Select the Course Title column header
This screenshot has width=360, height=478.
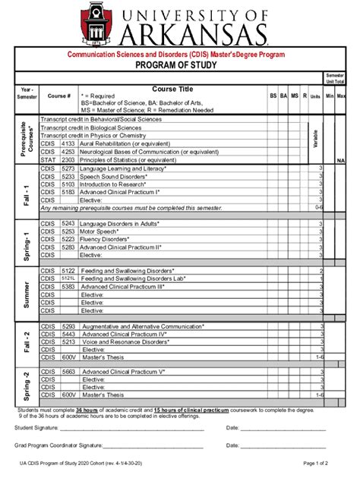pos(174,89)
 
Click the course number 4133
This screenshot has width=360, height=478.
pos(68,143)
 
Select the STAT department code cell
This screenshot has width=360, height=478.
pos(48,160)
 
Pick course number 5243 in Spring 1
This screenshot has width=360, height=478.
pos(68,224)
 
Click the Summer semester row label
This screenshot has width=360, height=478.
pos(24,294)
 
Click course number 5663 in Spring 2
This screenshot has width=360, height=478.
pos(68,372)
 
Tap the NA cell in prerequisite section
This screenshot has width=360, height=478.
pos(341,161)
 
